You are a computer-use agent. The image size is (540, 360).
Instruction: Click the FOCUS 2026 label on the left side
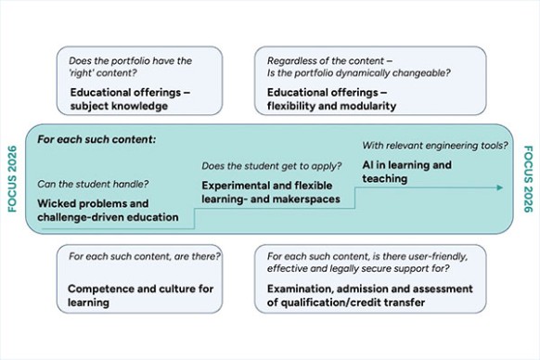tap(12, 179)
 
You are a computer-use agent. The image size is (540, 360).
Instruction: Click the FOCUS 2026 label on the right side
tap(528, 179)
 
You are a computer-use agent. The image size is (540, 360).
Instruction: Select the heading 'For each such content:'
tap(96, 140)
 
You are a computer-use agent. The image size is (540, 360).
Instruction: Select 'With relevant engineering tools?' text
tap(434, 146)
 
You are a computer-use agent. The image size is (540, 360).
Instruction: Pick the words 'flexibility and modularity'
tap(331, 106)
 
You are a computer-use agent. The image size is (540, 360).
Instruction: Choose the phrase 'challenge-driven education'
tap(108, 216)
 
